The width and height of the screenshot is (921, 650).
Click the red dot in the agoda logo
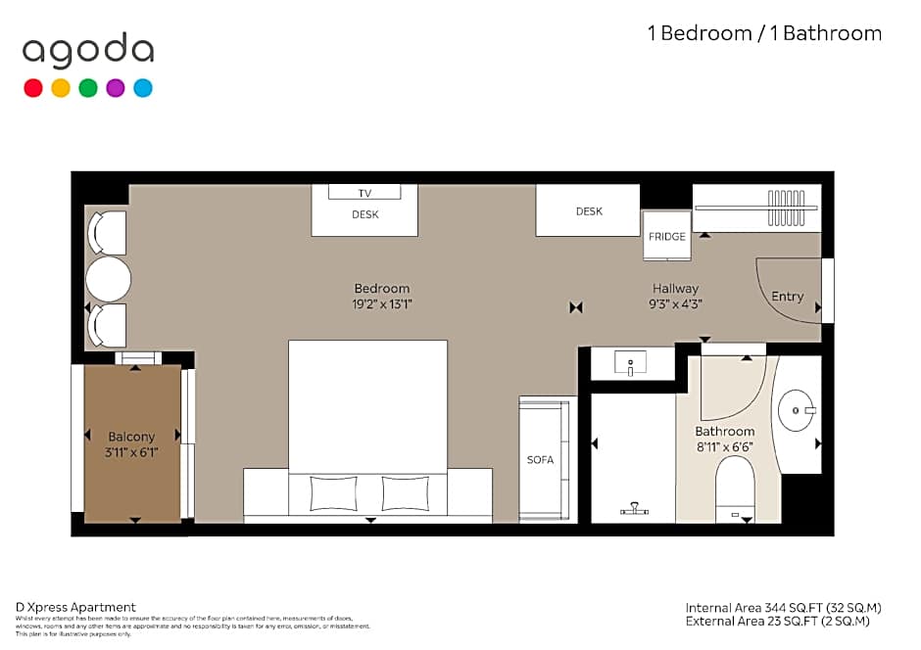33,88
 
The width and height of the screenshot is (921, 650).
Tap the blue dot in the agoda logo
143,88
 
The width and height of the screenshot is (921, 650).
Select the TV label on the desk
364,193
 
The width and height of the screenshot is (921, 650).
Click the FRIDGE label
667,237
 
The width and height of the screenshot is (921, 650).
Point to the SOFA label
541,459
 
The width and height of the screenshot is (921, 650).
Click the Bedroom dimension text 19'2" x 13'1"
382,303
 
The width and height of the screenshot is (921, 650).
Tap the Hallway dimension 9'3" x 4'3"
676,303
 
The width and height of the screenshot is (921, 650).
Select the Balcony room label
131,437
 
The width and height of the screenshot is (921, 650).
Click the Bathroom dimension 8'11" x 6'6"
725,446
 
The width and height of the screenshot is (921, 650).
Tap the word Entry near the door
787,297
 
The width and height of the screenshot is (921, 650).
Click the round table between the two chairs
108,279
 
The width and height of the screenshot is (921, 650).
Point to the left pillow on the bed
333,493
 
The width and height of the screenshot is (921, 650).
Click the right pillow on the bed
406,493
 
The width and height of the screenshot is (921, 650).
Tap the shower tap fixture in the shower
635,508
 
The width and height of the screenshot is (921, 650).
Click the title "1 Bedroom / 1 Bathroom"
764,33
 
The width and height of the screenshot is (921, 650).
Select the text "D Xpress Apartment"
76,607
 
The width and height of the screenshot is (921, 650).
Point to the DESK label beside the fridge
589,211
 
